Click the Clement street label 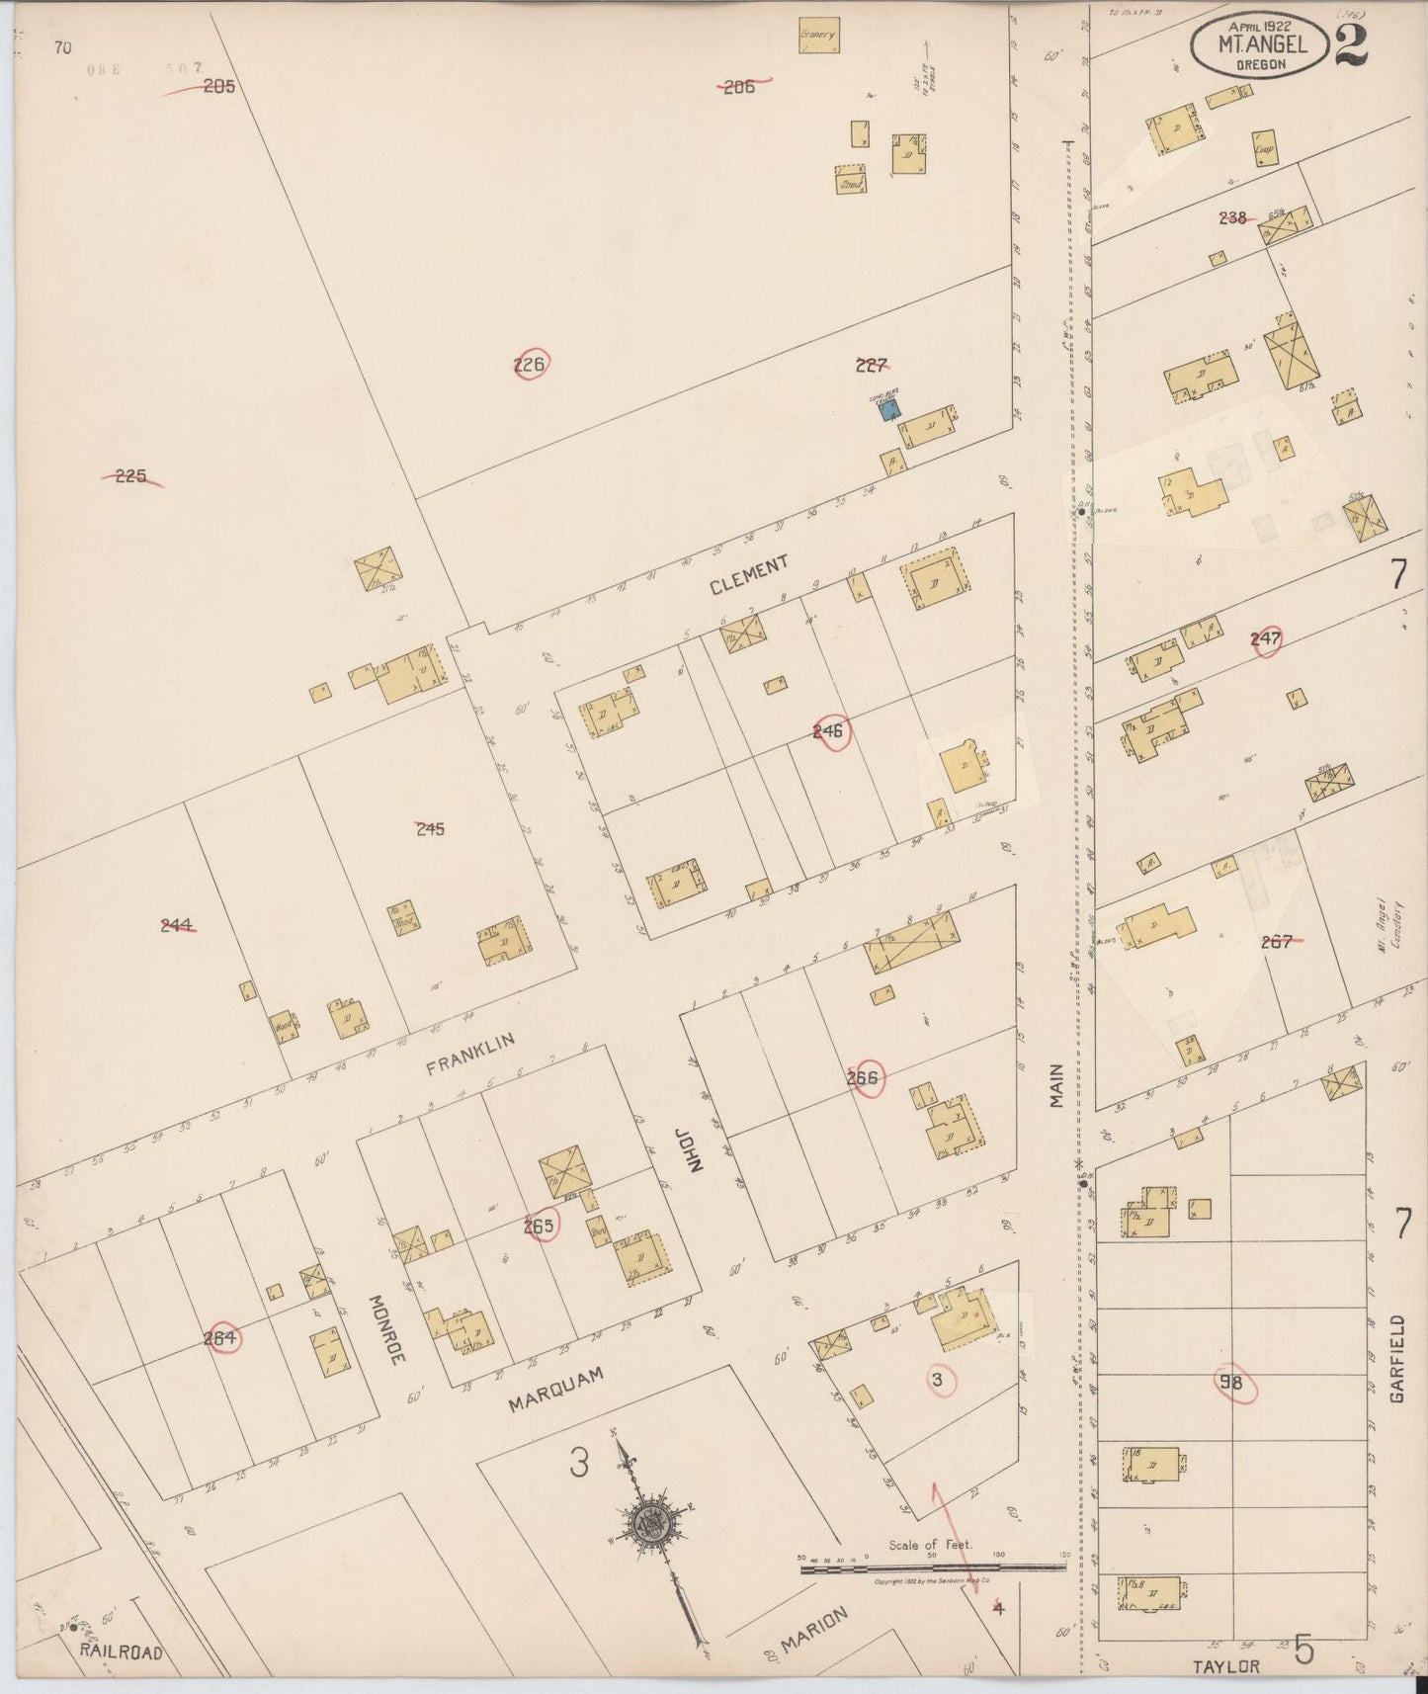tap(749, 574)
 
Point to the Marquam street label tap(555, 1389)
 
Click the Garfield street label tap(1396, 1358)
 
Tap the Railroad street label tap(122, 1652)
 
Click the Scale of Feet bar tap(931, 1567)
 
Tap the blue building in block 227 tap(891, 410)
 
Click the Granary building tap(818, 35)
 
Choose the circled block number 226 tap(530, 365)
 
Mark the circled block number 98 tap(1230, 1384)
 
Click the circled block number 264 tap(221, 1338)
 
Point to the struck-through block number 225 tap(130, 476)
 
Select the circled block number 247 tap(1265, 639)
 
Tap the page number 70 tap(63, 46)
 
